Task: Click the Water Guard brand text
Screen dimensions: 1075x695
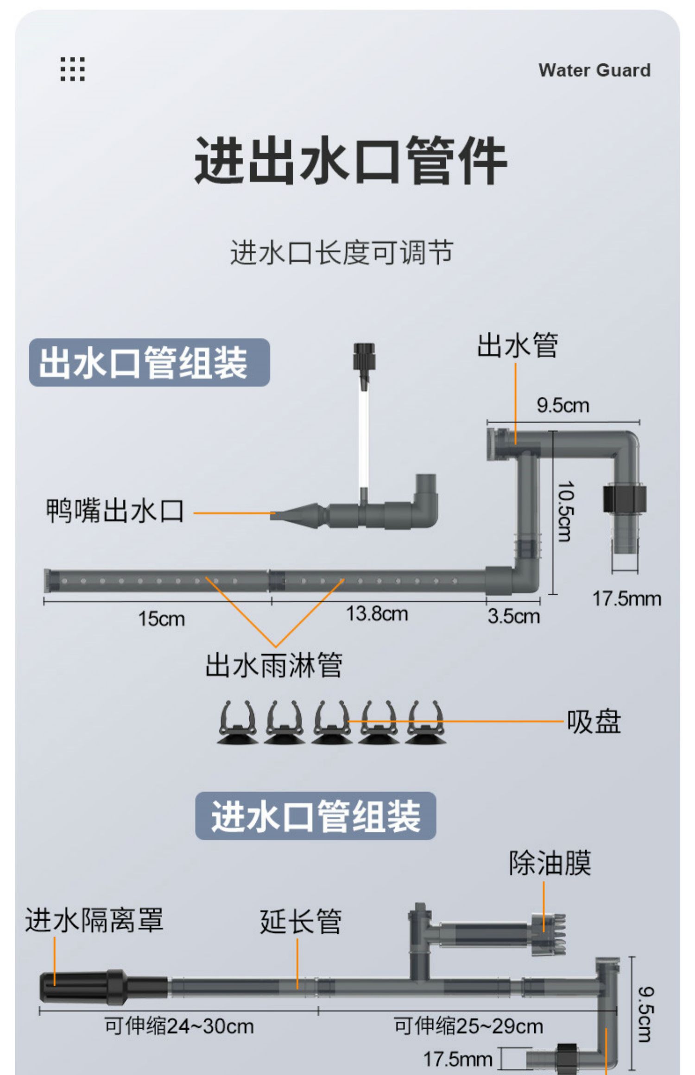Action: tap(594, 70)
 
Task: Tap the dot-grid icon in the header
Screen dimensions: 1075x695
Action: tap(73, 69)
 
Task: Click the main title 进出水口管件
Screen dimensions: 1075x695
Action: tap(350, 161)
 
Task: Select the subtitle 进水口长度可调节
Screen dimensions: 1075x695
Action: tap(341, 253)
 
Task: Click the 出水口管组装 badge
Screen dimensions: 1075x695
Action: tap(149, 362)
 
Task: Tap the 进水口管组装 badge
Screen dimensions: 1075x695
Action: tap(316, 816)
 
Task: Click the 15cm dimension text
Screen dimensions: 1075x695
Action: tap(161, 619)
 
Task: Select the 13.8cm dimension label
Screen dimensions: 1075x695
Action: tap(377, 614)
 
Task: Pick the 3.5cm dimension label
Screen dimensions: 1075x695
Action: tap(513, 616)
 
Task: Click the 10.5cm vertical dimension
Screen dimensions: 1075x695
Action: tap(565, 511)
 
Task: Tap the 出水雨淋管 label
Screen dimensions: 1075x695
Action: tap(274, 665)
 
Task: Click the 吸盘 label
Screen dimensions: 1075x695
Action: tap(594, 721)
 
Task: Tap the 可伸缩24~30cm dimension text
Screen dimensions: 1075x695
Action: tap(179, 1026)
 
